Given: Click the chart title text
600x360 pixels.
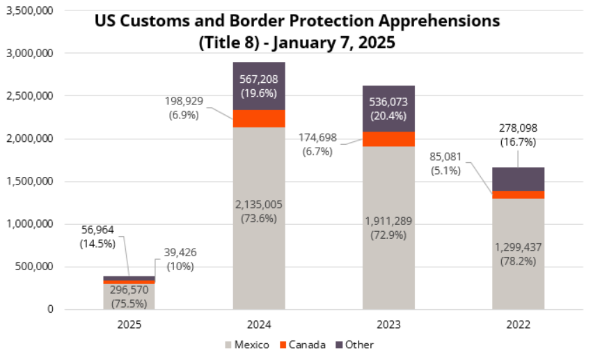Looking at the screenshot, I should tap(297, 31).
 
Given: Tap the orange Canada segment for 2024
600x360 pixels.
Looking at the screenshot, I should tap(259, 118).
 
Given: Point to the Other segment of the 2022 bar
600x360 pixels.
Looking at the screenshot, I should tap(518, 179).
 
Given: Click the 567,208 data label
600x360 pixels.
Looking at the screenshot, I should tap(259, 86).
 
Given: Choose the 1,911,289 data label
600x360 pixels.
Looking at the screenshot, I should tap(388, 228).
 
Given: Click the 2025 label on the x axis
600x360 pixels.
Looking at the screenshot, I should tap(129, 324).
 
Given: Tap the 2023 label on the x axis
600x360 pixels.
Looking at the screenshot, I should tap(388, 324).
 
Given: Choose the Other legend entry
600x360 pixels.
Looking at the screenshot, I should tap(354, 345).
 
